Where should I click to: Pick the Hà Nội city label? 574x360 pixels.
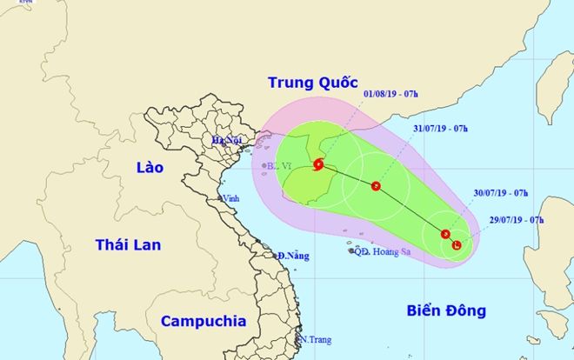227,140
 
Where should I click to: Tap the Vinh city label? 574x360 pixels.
231,199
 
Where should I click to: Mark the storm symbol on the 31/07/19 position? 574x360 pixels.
375,185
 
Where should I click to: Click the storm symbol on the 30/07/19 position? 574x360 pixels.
445,234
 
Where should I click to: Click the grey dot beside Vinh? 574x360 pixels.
220,198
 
